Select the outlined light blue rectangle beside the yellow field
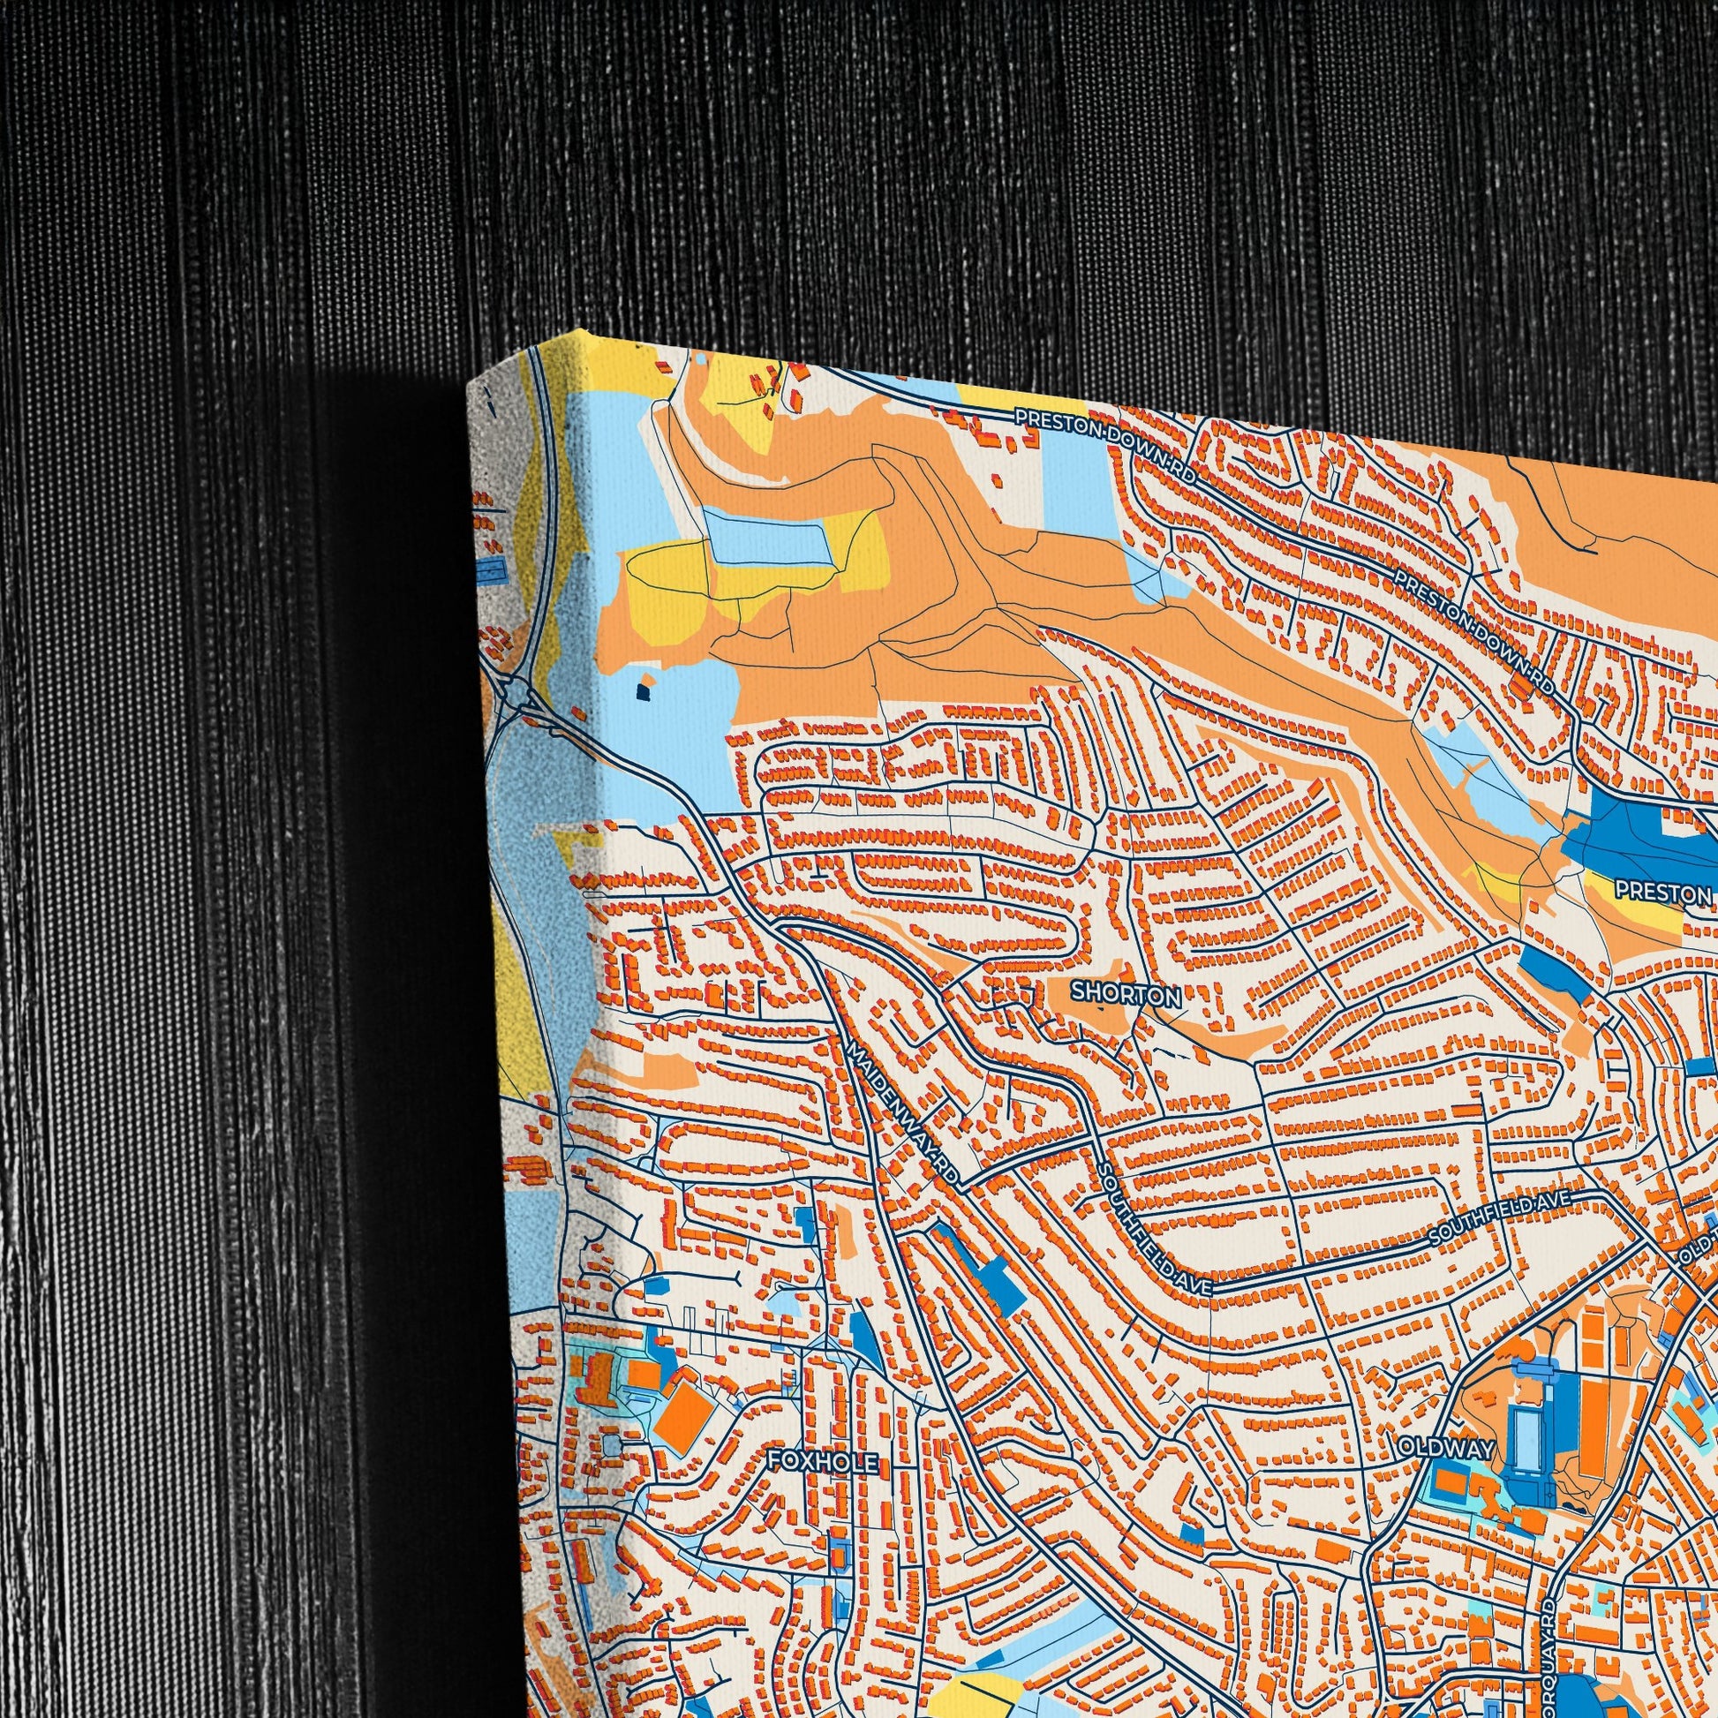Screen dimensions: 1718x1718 tap(767, 535)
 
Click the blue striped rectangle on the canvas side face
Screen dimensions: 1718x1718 tap(488, 570)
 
